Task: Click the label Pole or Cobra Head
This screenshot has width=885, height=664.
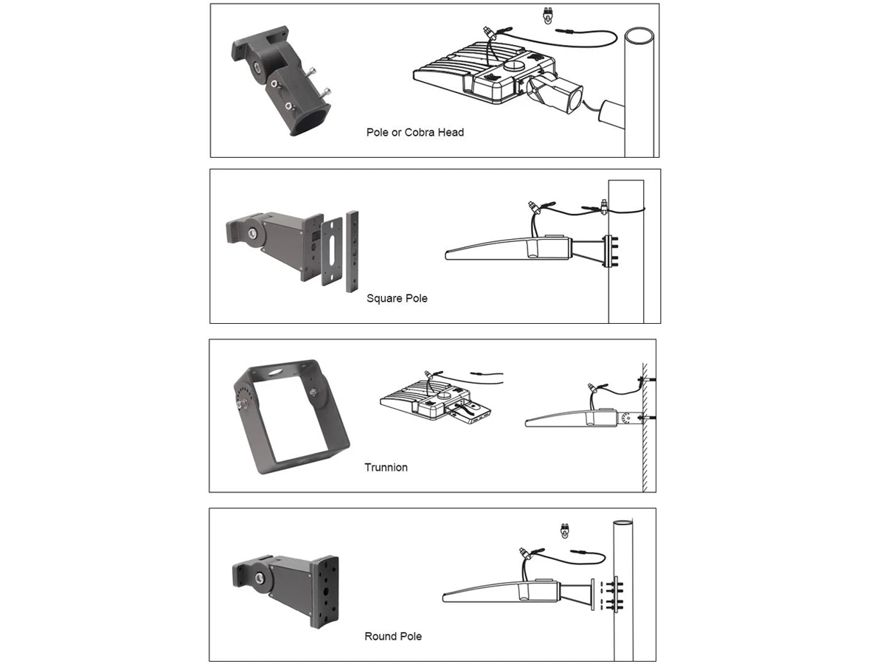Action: click(x=414, y=133)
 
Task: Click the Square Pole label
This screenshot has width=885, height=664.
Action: click(x=397, y=299)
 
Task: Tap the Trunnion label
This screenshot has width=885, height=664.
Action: click(x=386, y=467)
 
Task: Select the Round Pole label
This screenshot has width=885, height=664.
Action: click(x=393, y=636)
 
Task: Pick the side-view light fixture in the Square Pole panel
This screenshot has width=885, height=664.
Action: click(x=509, y=249)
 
